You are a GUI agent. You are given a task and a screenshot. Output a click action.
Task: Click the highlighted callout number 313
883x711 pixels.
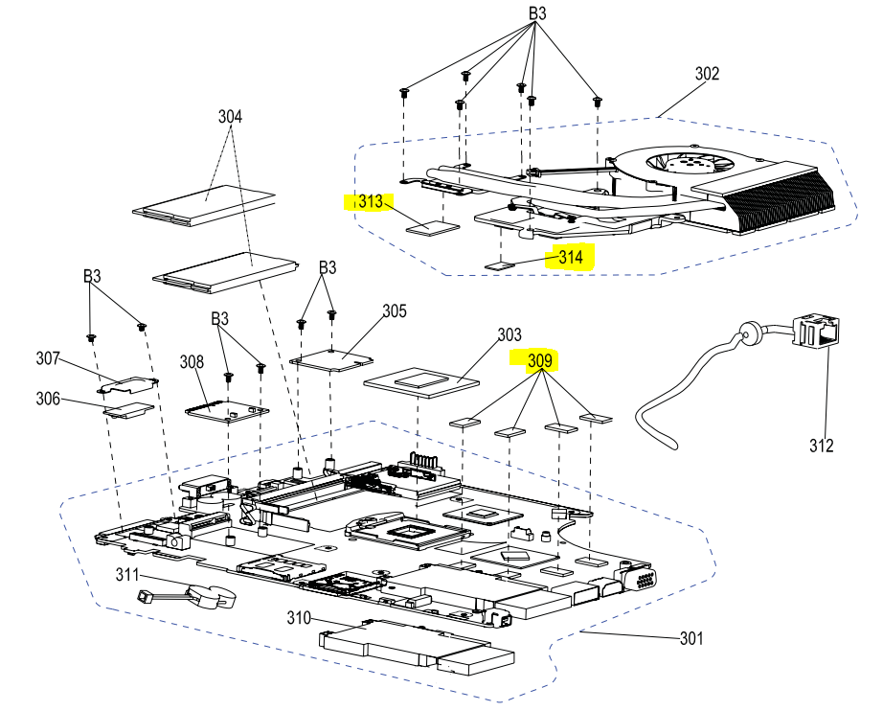coord(370,202)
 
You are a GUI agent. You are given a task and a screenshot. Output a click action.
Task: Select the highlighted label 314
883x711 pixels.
coord(571,257)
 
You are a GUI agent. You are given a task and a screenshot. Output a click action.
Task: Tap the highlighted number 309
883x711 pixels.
coord(540,360)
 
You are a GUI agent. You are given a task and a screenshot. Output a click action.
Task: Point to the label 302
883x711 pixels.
coord(707,74)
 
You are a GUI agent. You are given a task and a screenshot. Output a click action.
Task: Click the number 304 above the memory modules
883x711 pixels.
coord(230,117)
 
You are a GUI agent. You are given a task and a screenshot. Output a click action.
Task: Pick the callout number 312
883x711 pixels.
coord(821,446)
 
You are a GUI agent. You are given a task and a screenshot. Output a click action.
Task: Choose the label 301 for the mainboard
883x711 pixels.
coord(691,638)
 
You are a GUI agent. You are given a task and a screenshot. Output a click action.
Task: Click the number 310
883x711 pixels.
coord(299,617)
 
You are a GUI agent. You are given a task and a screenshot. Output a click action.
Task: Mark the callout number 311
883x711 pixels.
coord(127,575)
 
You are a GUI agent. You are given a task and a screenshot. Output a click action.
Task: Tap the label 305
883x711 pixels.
coord(395,311)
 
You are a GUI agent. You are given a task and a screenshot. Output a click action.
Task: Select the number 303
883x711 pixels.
coord(509,335)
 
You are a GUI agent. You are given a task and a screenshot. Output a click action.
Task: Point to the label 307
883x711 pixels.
coord(48,358)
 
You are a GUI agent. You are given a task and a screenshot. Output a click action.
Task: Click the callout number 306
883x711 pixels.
coord(48,399)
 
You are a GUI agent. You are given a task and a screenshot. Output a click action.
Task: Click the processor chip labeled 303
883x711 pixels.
coord(421,381)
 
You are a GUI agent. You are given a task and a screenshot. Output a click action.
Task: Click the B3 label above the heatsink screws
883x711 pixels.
coord(537,14)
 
